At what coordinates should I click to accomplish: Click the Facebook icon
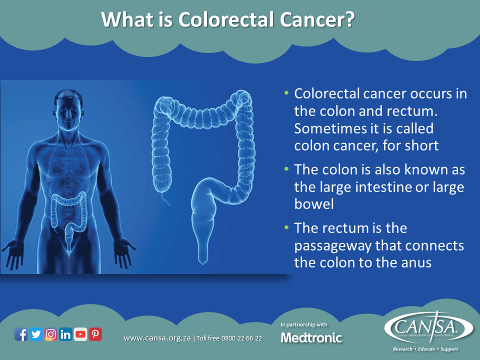(21, 334)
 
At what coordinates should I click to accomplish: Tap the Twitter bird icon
(35, 334)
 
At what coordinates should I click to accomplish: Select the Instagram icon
(50, 334)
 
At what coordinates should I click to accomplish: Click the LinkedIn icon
(65, 334)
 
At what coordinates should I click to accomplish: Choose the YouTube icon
(80, 334)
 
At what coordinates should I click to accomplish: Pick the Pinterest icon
(95, 334)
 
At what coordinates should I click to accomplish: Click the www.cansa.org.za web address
(157, 338)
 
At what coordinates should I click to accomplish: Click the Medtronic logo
(311, 338)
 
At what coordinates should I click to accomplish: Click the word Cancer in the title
(314, 20)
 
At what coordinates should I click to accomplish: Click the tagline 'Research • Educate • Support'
(425, 349)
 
